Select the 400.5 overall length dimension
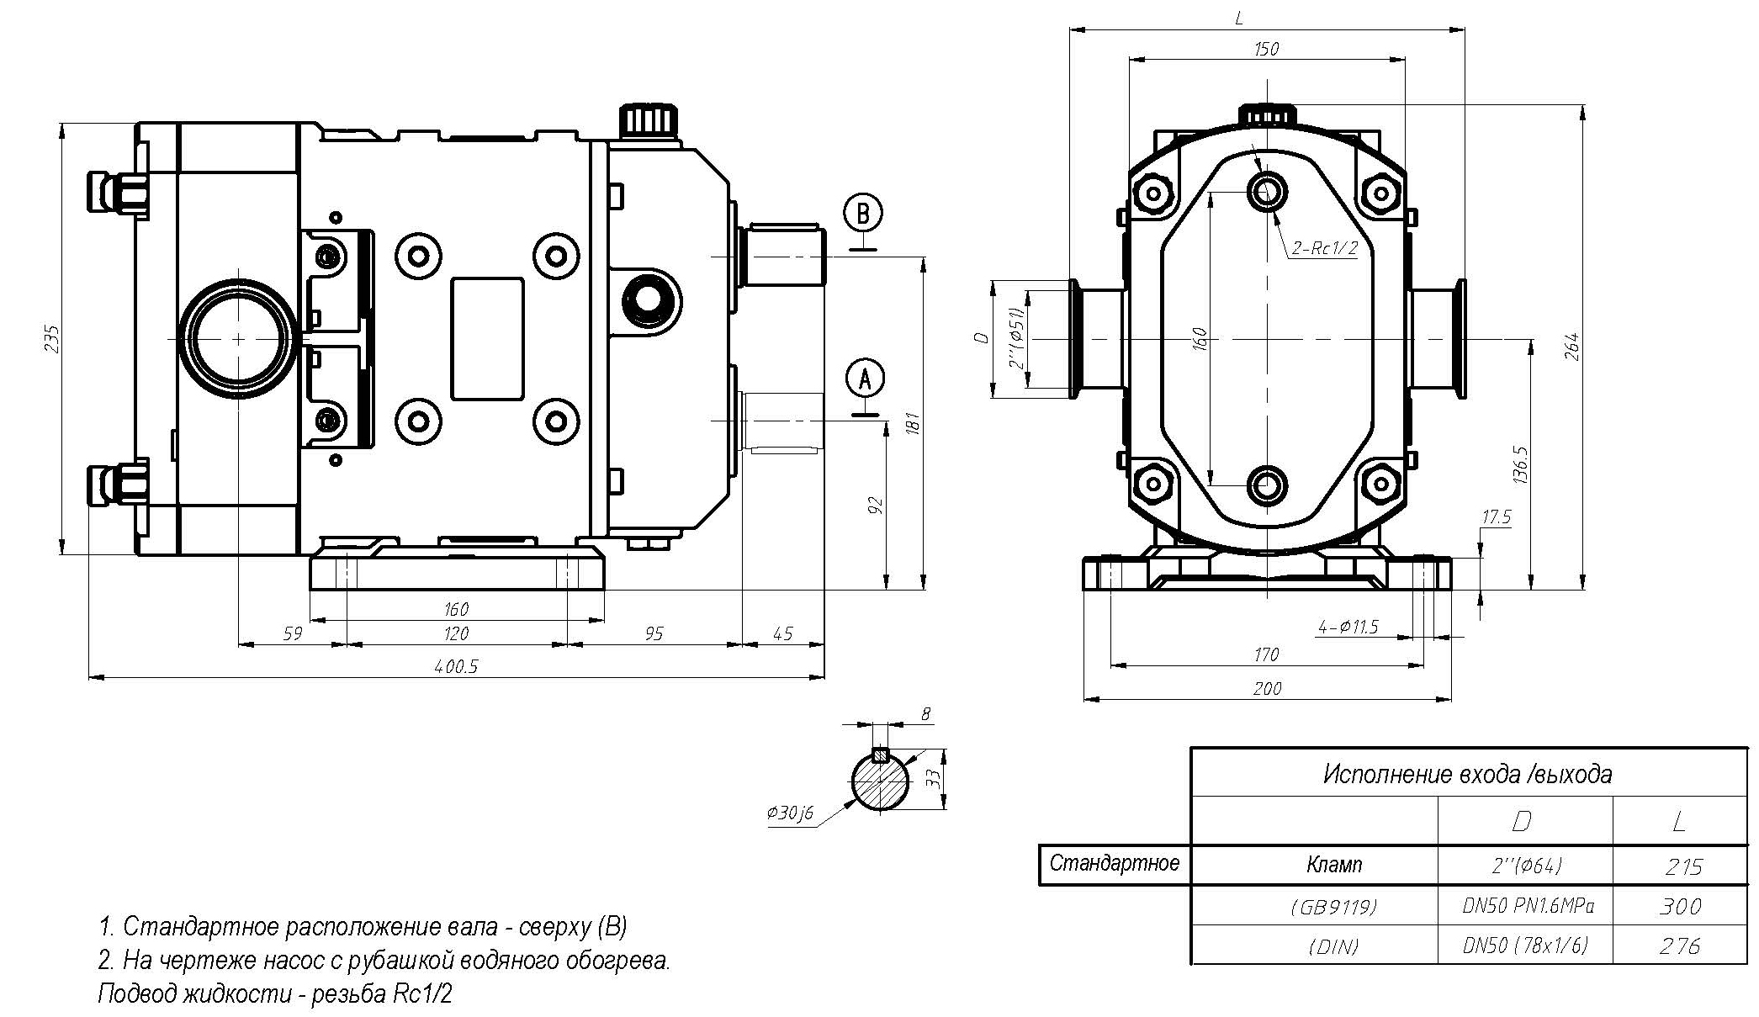(x=456, y=667)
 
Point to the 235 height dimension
(x=53, y=338)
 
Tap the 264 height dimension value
(x=1571, y=347)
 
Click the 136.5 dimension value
(x=1519, y=464)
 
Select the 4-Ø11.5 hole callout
(x=1348, y=627)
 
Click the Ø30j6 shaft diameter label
(x=790, y=813)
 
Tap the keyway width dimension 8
(x=926, y=714)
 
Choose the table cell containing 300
(x=1680, y=906)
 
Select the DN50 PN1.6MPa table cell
(x=1525, y=906)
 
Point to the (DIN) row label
(x=1333, y=946)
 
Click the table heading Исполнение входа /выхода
(x=1468, y=773)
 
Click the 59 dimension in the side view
(x=291, y=633)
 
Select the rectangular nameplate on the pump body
(x=487, y=338)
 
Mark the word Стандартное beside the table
(x=1115, y=863)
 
